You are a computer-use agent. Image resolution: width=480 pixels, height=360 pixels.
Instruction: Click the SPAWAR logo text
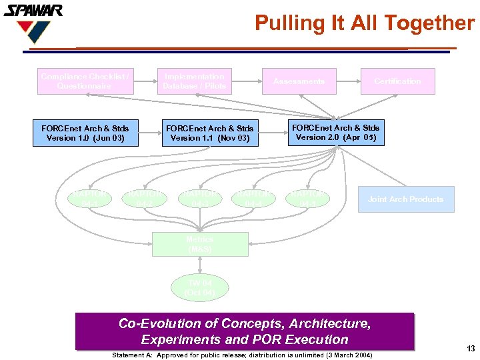[x=33, y=11]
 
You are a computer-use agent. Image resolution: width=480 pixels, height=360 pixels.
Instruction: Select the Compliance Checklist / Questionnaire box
[x=85, y=81]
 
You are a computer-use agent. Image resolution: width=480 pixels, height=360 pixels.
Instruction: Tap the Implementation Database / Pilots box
[x=194, y=81]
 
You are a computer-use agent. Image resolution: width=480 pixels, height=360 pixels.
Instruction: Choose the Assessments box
[x=299, y=81]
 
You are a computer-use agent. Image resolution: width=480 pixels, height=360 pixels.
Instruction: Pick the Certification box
[x=397, y=81]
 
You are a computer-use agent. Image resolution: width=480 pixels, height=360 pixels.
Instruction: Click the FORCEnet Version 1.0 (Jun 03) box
[x=85, y=133]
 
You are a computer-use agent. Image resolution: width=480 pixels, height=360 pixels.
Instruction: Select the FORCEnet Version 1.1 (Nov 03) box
[x=209, y=133]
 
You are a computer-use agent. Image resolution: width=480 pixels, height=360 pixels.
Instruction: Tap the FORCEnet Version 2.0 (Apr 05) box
[x=335, y=133]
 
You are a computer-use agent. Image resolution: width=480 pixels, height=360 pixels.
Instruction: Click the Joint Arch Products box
[x=405, y=199]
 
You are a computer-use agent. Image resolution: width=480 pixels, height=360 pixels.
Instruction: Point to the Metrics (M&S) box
[x=200, y=244]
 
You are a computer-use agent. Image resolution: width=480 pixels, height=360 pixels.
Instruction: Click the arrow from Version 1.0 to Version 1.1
[x=150, y=133]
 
